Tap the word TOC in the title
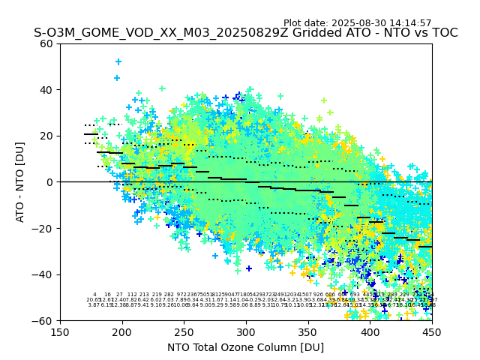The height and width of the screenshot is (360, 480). (x=442, y=33)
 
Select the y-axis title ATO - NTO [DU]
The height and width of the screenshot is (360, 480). (x=21, y=182)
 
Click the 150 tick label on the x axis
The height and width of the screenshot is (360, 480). (x=60, y=332)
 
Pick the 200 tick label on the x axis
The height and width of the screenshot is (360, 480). (x=122, y=332)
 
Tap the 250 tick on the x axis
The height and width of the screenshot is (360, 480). (x=184, y=332)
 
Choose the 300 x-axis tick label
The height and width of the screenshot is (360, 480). (x=246, y=332)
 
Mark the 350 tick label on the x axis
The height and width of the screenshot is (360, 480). (x=308, y=332)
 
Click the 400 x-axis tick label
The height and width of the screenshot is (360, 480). (x=370, y=332)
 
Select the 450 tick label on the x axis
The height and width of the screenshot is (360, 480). (x=432, y=332)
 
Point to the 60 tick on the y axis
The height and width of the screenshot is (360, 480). (x=47, y=43)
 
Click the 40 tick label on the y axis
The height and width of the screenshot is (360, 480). (x=47, y=90)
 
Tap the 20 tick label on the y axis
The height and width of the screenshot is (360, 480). (x=47, y=136)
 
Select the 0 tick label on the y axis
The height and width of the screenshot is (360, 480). (x=50, y=182)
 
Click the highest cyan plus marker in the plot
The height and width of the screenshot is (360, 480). (x=118, y=61)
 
